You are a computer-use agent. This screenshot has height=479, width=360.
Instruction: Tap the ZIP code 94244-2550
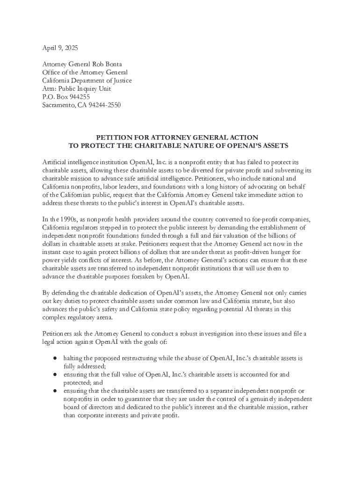click(105, 105)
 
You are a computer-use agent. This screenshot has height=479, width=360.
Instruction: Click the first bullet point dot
click(55, 358)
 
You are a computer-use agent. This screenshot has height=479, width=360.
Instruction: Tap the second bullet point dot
click(55, 375)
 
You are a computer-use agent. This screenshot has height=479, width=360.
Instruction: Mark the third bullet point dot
click(55, 391)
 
